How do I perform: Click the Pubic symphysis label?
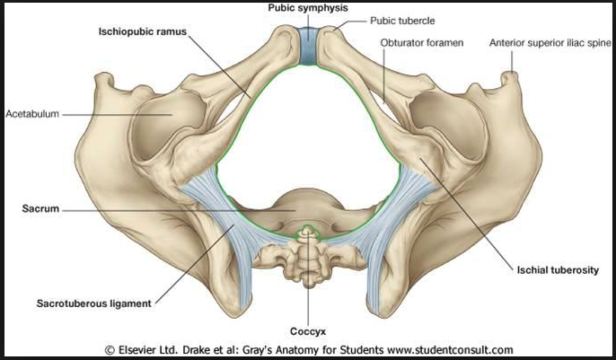[308, 8]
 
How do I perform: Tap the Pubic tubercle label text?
[402, 21]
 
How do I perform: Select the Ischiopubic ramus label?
[142, 31]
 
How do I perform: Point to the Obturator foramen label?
[421, 42]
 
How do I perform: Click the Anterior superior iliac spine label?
[550, 43]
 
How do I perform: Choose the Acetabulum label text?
[32, 114]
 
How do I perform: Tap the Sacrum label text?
[40, 208]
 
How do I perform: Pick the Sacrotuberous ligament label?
[94, 303]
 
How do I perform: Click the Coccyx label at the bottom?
[308, 332]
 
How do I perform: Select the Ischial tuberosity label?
[558, 270]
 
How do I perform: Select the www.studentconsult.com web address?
[450, 350]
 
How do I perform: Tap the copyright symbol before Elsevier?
[110, 350]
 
